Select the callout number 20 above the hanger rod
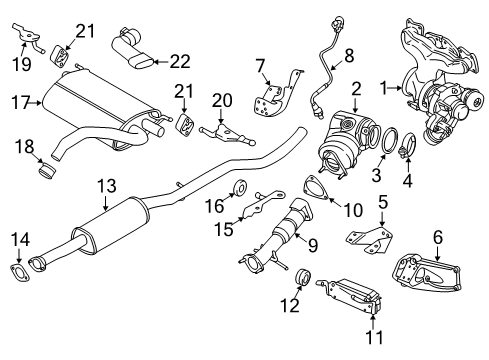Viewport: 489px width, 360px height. pos(221,100)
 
